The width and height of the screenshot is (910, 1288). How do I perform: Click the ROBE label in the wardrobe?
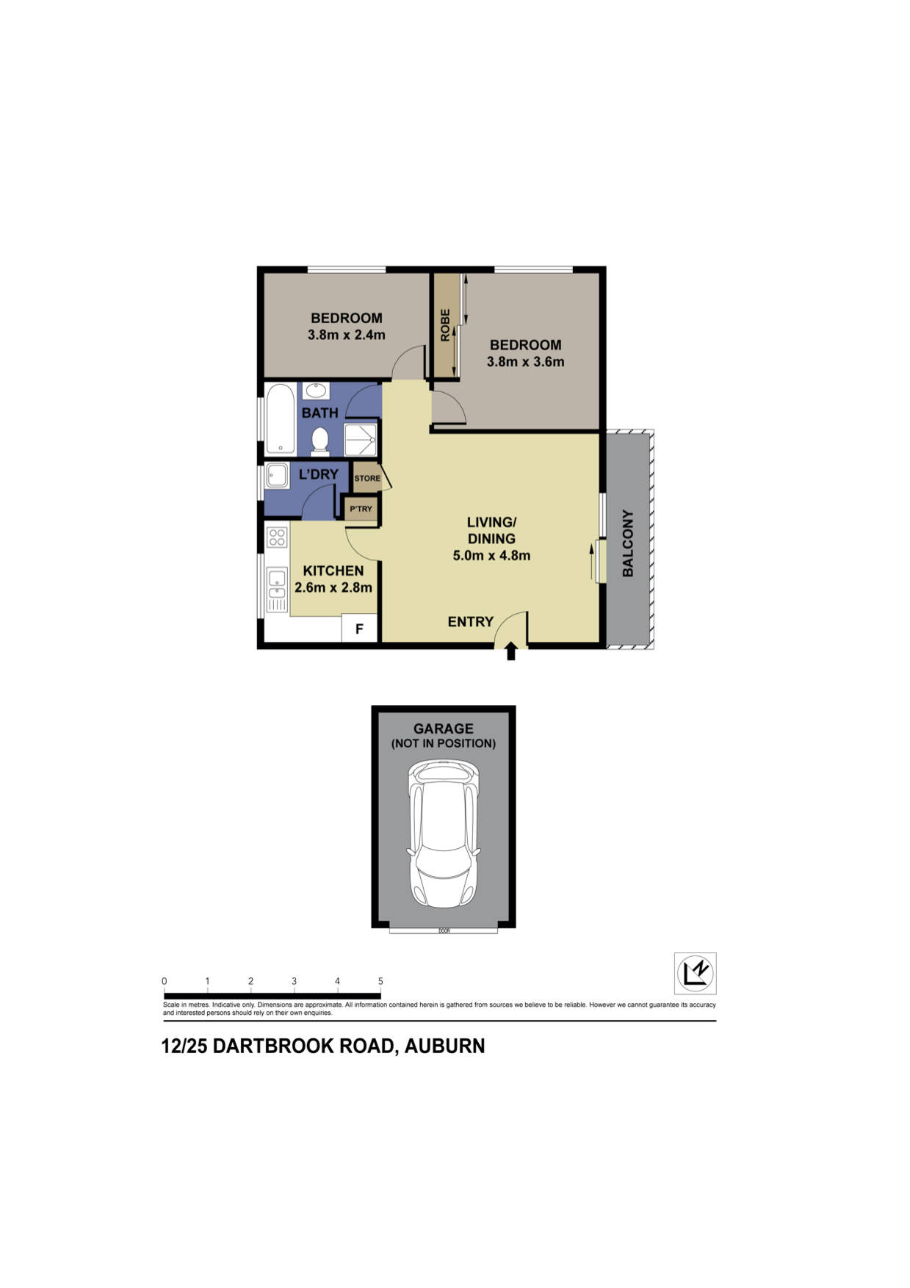pos(445,325)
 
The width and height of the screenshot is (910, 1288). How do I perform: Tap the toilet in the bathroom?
pos(319,441)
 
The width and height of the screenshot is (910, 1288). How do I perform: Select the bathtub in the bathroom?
pos(280,419)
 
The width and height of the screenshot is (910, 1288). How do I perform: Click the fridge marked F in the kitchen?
pos(360,629)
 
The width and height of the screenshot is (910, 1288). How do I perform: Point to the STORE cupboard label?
pos(367,478)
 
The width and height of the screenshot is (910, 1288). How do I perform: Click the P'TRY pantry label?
pos(361,509)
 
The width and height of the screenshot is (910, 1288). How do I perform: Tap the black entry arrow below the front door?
pos(511,651)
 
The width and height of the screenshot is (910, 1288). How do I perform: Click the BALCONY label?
pos(628,543)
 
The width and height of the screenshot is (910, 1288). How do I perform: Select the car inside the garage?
pos(444,833)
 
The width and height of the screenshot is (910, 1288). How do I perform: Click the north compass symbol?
pos(695,973)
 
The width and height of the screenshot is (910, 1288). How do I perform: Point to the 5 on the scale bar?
pos(380,981)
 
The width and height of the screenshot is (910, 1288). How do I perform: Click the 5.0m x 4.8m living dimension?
pos(491,555)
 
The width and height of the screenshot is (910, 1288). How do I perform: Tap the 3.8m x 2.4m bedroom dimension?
pos(346,335)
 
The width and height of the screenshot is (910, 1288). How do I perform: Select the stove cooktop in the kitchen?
pos(277,537)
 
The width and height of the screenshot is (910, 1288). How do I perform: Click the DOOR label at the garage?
pos(444,930)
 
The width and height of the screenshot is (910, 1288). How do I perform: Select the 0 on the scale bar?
pos(165,981)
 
